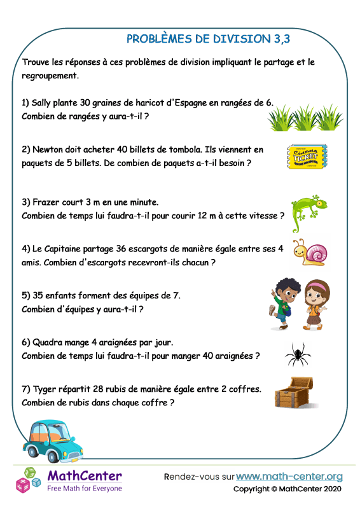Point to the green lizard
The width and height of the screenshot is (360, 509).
pos(309,213)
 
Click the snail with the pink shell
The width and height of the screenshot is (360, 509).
pos(310,253)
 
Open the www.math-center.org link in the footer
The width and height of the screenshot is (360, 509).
pos(289,477)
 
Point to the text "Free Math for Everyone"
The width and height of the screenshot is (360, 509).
pos(85,489)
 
